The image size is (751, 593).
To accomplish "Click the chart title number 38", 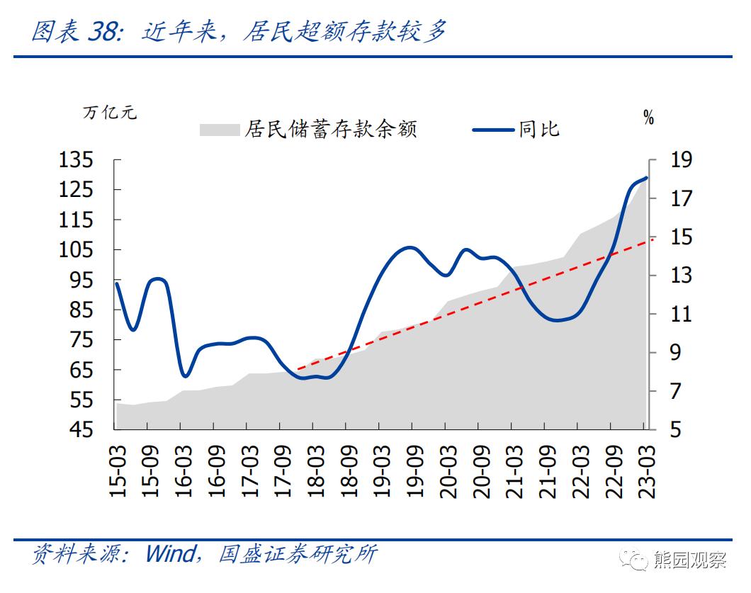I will tap(102, 31).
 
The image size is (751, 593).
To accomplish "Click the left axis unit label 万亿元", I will tap(110, 113).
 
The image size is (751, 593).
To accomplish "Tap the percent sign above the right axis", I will tap(648, 118).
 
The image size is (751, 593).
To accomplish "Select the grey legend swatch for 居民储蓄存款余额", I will tap(220, 130).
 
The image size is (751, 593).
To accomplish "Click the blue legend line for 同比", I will tap(493, 130).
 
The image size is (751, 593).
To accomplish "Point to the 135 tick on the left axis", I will tap(76, 159).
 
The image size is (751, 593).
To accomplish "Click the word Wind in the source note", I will tap(169, 553).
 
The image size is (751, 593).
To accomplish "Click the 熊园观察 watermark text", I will tap(697, 560).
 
